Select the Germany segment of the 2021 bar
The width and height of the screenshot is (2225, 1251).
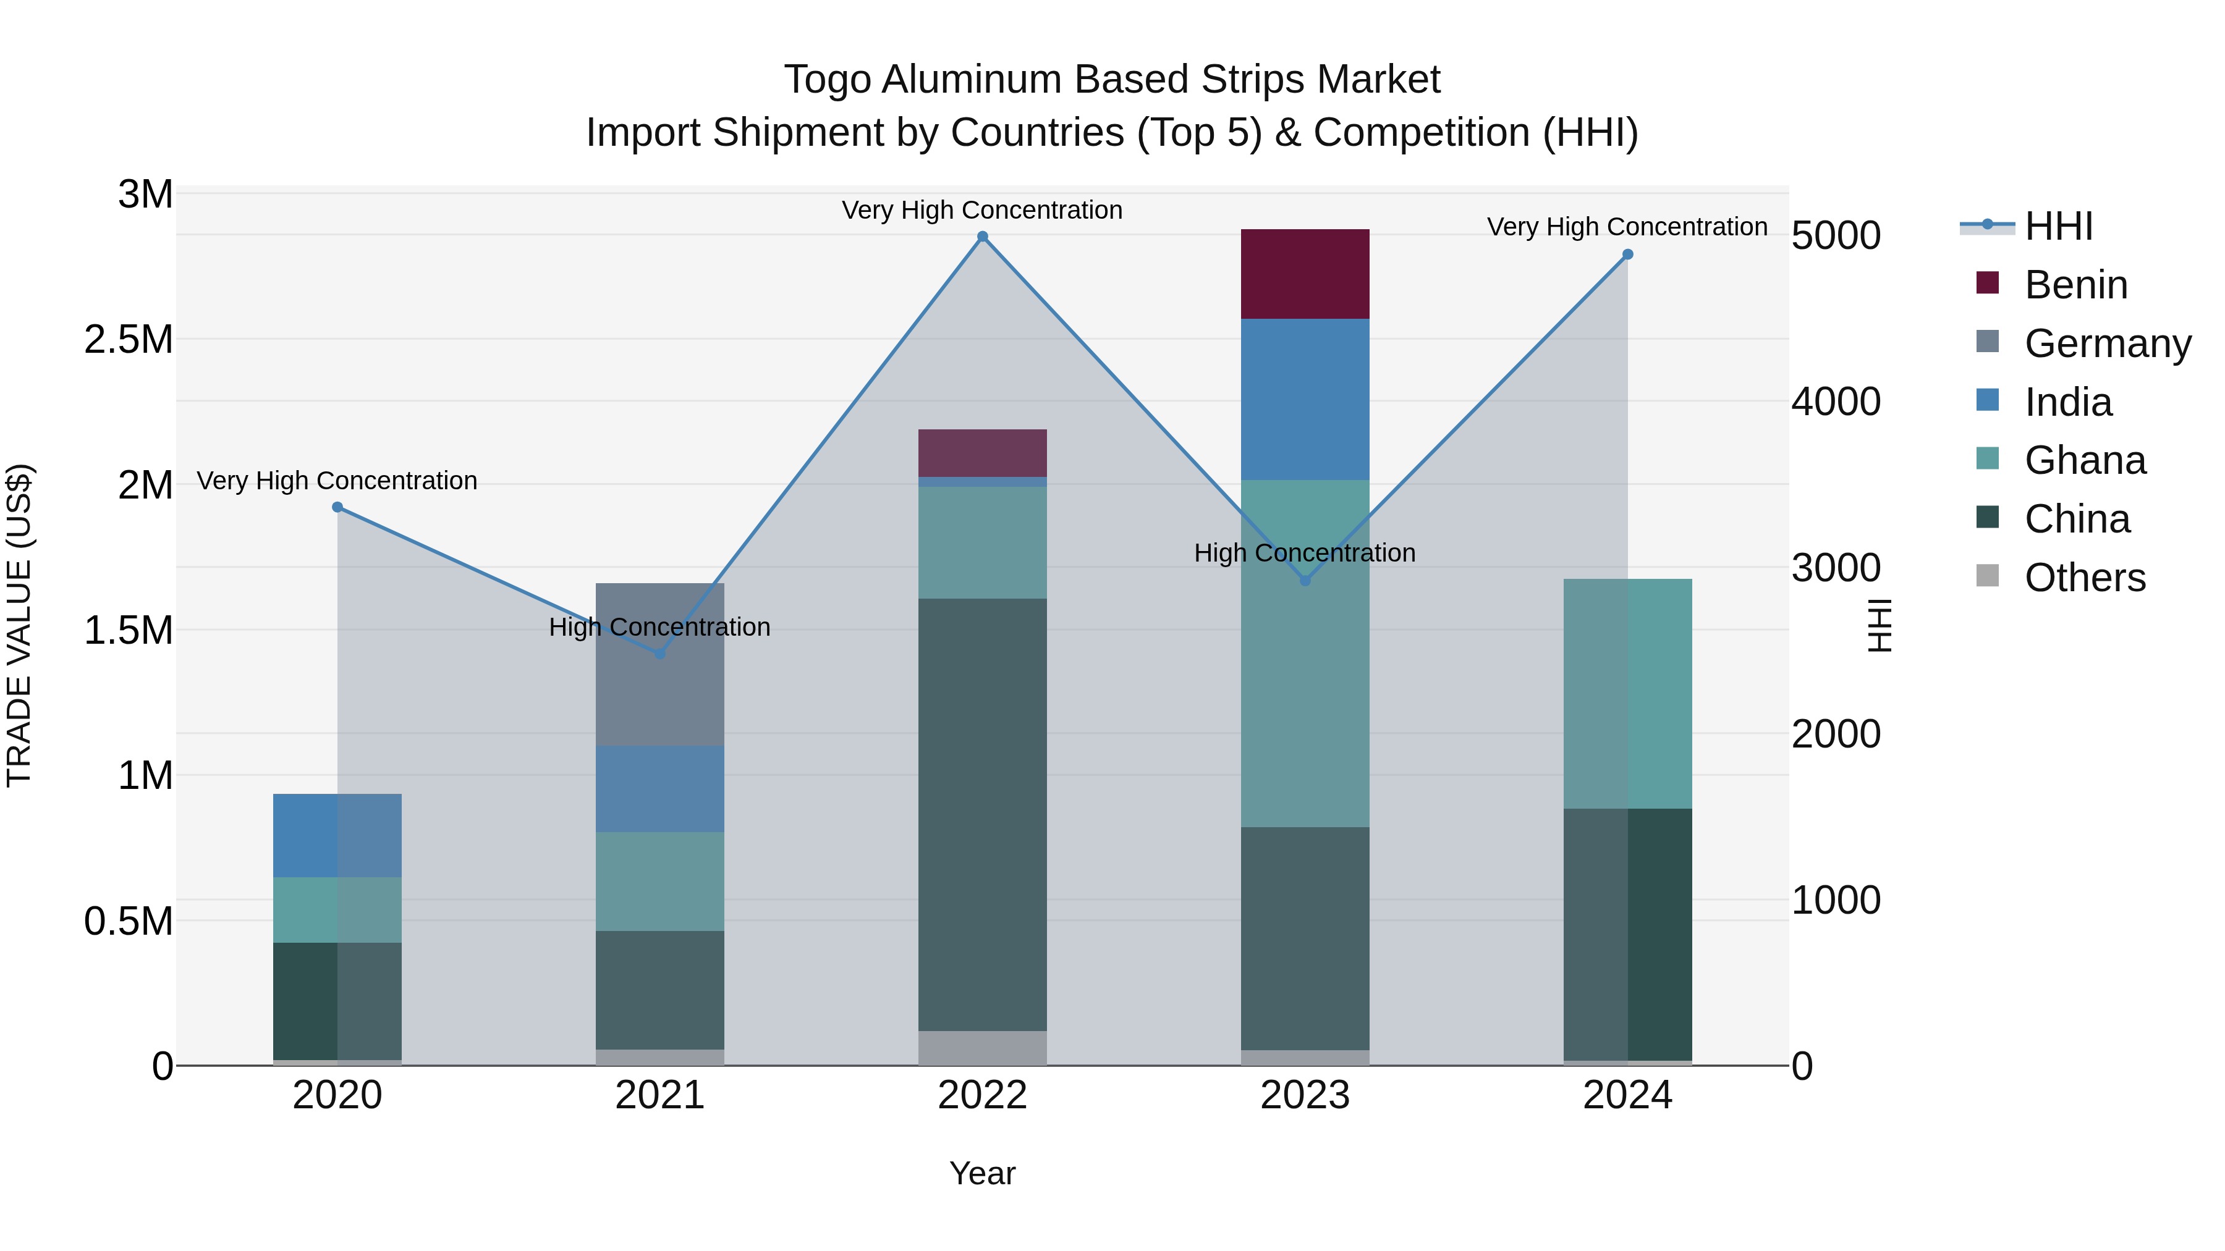(x=660, y=664)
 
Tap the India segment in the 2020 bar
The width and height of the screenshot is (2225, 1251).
(x=337, y=835)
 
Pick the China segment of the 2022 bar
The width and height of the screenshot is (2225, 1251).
(x=982, y=814)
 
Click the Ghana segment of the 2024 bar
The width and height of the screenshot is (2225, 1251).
(x=1627, y=693)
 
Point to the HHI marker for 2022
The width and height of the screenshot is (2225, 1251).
(x=982, y=237)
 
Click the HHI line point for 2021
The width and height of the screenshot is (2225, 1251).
(x=660, y=654)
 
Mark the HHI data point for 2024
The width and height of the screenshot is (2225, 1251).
(x=1627, y=255)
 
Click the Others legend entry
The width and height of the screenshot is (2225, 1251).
(x=2084, y=578)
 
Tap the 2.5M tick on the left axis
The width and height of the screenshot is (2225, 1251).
(x=128, y=339)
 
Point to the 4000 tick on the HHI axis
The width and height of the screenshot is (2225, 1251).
(x=1836, y=402)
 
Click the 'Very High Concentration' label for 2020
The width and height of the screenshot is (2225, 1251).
(x=337, y=480)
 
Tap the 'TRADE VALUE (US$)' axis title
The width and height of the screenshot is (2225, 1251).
(x=19, y=625)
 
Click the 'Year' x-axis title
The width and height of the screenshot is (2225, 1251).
(x=982, y=1173)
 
